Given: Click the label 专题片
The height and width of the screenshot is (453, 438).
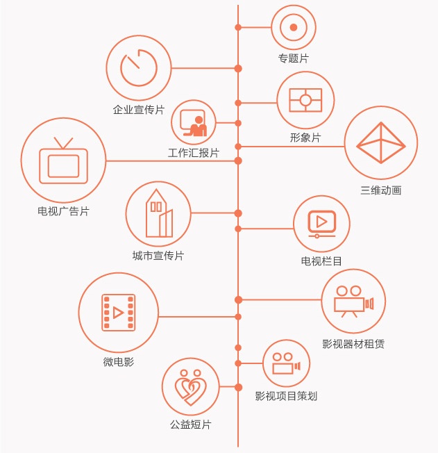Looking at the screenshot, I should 293,58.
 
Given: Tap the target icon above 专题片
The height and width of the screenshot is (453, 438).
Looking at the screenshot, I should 293,28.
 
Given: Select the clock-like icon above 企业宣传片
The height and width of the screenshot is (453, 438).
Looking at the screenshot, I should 139,67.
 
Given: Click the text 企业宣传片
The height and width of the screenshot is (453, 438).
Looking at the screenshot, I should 139,110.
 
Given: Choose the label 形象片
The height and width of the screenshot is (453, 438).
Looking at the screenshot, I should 305,138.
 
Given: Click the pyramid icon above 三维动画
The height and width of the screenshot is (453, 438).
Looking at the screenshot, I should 380,143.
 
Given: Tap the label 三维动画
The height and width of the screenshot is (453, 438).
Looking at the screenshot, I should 380,190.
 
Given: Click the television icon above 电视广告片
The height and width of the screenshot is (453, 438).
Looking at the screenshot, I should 63,161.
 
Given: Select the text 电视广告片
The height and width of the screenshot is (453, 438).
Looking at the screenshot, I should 63,211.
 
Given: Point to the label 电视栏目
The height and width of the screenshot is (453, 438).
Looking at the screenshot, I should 321,261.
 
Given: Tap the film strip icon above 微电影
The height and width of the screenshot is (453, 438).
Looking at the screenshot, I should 119,313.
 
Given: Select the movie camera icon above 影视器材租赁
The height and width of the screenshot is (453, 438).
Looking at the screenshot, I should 354,300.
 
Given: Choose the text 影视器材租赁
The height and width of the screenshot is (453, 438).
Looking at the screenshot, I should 354,343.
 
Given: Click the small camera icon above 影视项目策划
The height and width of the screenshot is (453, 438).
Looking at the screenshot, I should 286,363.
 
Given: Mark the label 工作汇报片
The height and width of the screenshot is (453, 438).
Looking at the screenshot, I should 194,153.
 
